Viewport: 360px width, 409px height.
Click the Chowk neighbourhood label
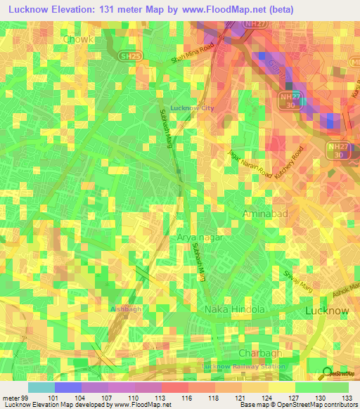[x=78, y=40]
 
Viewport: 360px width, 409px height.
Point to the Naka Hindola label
[x=234, y=309]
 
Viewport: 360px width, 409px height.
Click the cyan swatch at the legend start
[x=41, y=387]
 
